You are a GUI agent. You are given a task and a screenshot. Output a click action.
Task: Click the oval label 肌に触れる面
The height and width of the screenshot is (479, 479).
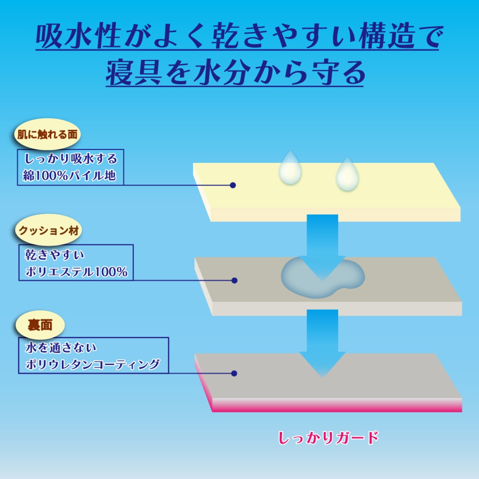point(47,134)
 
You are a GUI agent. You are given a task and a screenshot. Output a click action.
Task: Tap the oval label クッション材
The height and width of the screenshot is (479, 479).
point(49,230)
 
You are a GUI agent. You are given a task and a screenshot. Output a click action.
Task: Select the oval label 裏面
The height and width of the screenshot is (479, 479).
point(40,325)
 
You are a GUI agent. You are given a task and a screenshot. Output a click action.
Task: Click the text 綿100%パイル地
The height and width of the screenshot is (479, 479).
point(70,175)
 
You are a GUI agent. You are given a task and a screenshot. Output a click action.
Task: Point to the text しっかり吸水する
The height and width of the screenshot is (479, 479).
point(71,159)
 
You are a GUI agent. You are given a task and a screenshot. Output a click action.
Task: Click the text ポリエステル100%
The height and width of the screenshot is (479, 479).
point(76,271)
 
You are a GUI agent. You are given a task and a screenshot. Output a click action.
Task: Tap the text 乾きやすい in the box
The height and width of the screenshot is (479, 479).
point(55,255)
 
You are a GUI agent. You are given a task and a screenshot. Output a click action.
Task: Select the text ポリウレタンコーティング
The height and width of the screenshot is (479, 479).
point(92,364)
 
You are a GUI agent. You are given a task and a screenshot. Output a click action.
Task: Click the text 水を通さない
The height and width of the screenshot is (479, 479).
point(61,348)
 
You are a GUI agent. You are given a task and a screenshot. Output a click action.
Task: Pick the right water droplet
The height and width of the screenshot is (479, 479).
point(347,175)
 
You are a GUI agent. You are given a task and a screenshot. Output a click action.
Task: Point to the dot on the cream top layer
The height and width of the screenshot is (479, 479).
point(233,185)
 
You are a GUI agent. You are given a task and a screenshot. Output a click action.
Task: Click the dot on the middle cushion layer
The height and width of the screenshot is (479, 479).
point(235,280)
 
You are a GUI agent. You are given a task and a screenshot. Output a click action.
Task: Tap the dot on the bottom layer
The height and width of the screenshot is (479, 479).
point(234,373)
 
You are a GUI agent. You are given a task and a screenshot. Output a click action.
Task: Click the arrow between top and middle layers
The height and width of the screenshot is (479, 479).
point(322,243)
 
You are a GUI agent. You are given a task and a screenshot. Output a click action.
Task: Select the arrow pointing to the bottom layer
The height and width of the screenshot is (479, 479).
point(322,341)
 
